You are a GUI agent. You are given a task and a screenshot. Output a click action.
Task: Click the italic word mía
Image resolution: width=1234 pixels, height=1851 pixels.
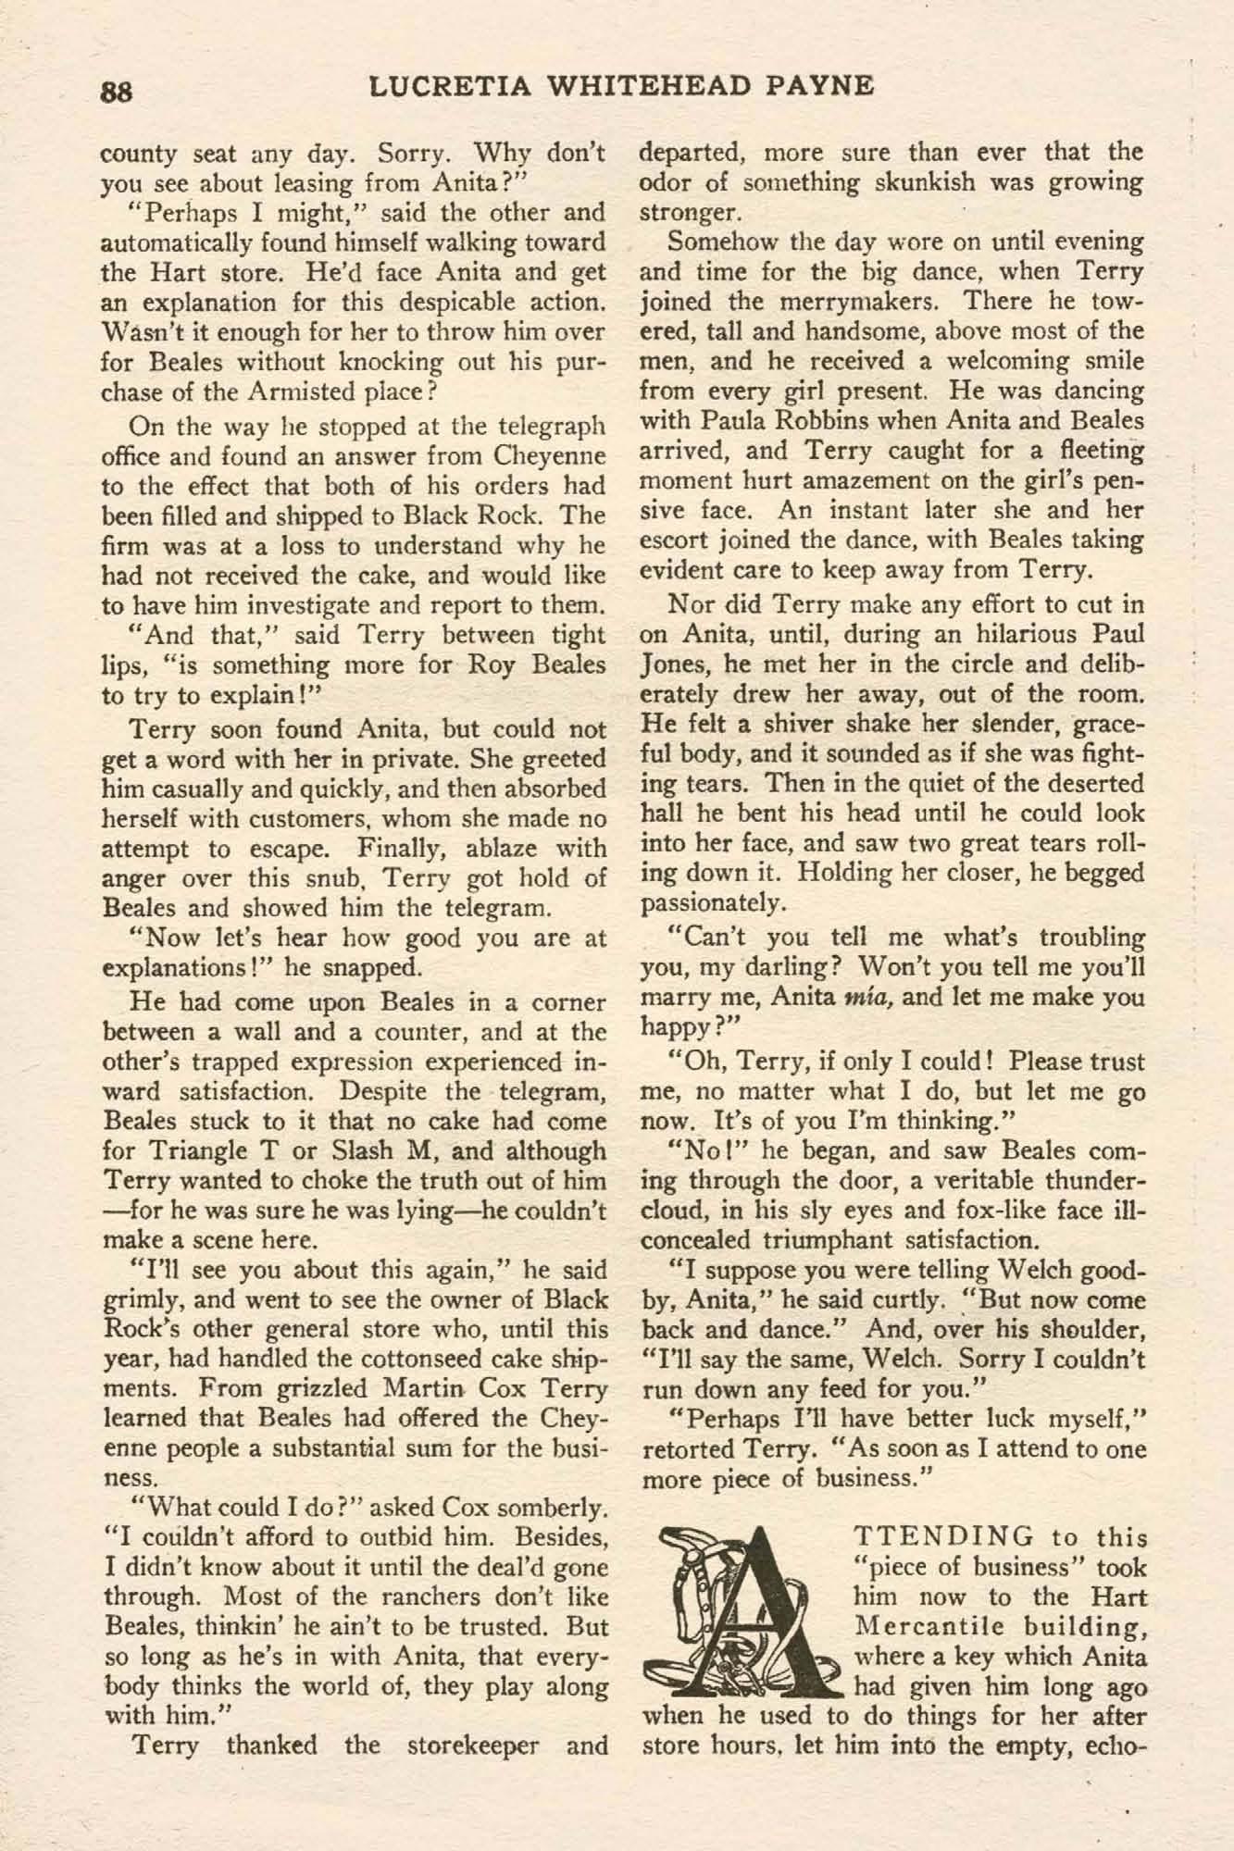(x=861, y=999)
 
